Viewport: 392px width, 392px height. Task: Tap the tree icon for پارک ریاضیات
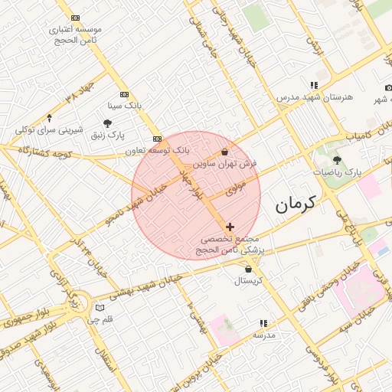click(x=337, y=160)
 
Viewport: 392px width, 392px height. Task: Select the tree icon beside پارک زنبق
click(x=107, y=123)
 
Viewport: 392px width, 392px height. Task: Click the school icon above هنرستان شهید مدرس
click(x=313, y=85)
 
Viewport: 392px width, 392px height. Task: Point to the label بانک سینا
click(x=124, y=103)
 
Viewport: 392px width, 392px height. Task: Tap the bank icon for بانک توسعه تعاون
click(x=157, y=139)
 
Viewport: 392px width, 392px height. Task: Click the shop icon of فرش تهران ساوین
click(x=224, y=152)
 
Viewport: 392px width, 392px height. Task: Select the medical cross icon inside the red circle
click(x=230, y=227)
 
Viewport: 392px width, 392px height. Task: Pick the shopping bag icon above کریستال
click(x=248, y=269)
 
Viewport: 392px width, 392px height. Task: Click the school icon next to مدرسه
click(x=264, y=324)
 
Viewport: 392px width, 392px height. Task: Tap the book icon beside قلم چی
click(x=99, y=308)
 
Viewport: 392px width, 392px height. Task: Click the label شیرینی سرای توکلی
click(x=50, y=131)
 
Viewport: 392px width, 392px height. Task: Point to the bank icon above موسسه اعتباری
click(x=74, y=18)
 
